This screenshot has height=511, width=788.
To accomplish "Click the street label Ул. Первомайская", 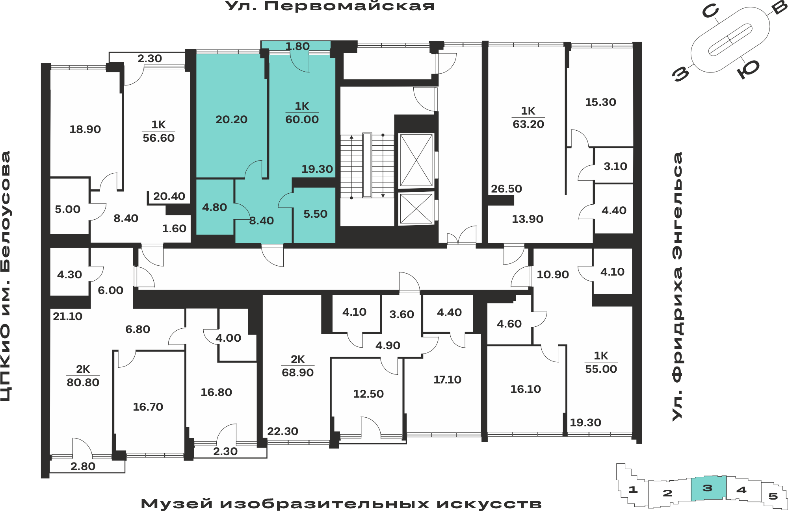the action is (330, 6).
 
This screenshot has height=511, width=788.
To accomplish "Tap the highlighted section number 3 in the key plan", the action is (708, 488).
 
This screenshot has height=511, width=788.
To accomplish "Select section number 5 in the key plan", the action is (773, 496).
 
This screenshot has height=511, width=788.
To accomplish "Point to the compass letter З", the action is (681, 74).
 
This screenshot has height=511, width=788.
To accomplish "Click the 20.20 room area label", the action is (231, 119).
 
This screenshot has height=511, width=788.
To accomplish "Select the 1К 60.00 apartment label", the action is (302, 113).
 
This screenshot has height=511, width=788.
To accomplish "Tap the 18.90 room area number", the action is (85, 129).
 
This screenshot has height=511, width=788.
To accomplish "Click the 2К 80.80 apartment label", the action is (83, 376).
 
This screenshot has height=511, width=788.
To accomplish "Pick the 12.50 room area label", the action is (368, 394).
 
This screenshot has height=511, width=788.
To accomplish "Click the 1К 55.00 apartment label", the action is (601, 362).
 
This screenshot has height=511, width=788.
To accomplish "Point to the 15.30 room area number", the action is (600, 102).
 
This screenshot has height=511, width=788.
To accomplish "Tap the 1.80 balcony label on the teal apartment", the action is (297, 46).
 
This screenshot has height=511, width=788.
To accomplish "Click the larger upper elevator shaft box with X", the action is (416, 160).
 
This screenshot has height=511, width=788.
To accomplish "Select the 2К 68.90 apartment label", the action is (297, 366).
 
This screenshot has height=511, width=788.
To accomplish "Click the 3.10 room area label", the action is (615, 166).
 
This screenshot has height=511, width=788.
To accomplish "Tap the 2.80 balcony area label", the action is (83, 466).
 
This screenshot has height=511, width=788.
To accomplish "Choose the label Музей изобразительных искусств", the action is (341, 504).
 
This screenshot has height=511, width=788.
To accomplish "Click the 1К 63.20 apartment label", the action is (528, 117).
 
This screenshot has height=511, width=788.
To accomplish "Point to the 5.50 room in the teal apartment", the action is (315, 214).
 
